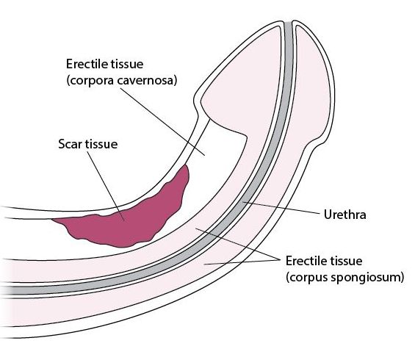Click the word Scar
click(x=70, y=144)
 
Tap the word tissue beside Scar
click(x=101, y=144)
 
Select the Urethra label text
click(x=345, y=215)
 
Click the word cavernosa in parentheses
click(x=147, y=80)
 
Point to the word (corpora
click(x=90, y=81)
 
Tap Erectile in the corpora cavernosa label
click(x=86, y=64)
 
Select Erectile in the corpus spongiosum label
click(x=306, y=261)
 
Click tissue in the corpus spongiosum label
click(x=346, y=261)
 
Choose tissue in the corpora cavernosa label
click(x=126, y=64)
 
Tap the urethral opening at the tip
click(x=288, y=23)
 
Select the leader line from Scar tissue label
click(x=106, y=186)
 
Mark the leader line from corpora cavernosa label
click(x=162, y=122)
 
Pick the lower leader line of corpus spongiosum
click(x=242, y=262)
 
